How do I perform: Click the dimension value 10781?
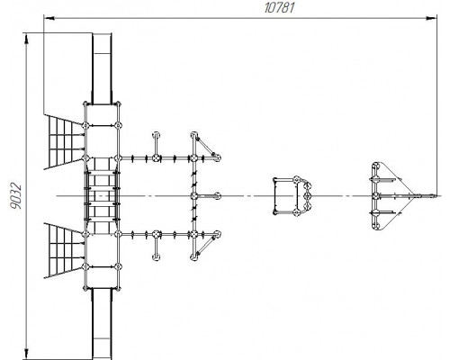(x=279, y=7)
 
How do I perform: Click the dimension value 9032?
(x=15, y=195)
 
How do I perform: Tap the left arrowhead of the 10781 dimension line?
(x=49, y=19)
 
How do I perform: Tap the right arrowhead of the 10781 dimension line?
(x=431, y=19)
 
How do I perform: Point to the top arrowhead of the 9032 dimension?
(x=27, y=40)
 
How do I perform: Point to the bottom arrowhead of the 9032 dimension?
(x=27, y=353)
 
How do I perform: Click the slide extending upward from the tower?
(x=102, y=69)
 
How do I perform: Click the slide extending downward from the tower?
(x=102, y=324)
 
